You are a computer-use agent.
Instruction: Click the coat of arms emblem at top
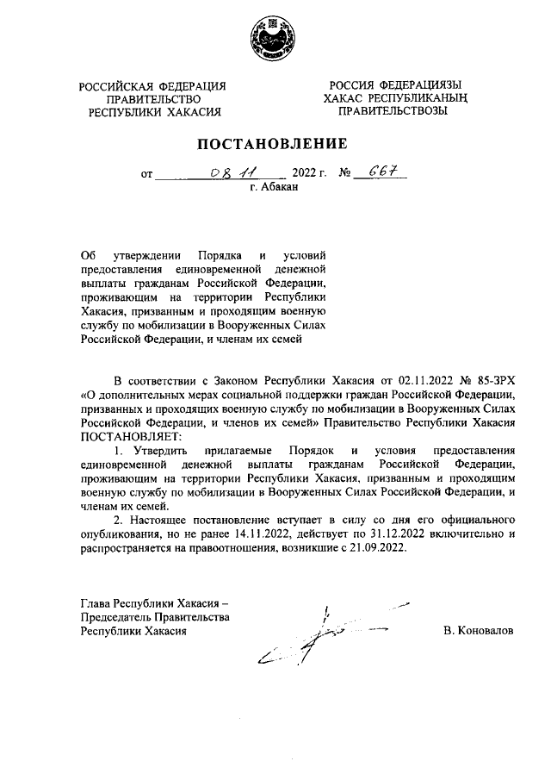pyautogui.click(x=275, y=40)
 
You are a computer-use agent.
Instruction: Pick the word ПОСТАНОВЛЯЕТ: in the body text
pyautogui.click(x=126, y=436)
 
